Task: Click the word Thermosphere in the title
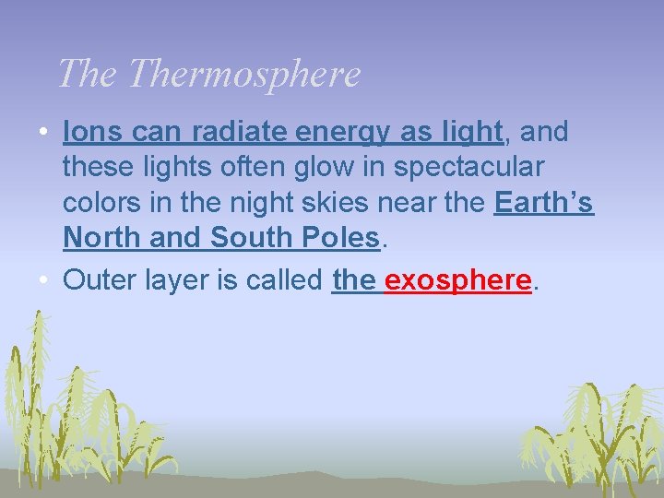pos(244,74)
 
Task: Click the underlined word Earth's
pos(543,203)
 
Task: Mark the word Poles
pos(341,238)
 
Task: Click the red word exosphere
pos(458,280)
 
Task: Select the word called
pos(285,280)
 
